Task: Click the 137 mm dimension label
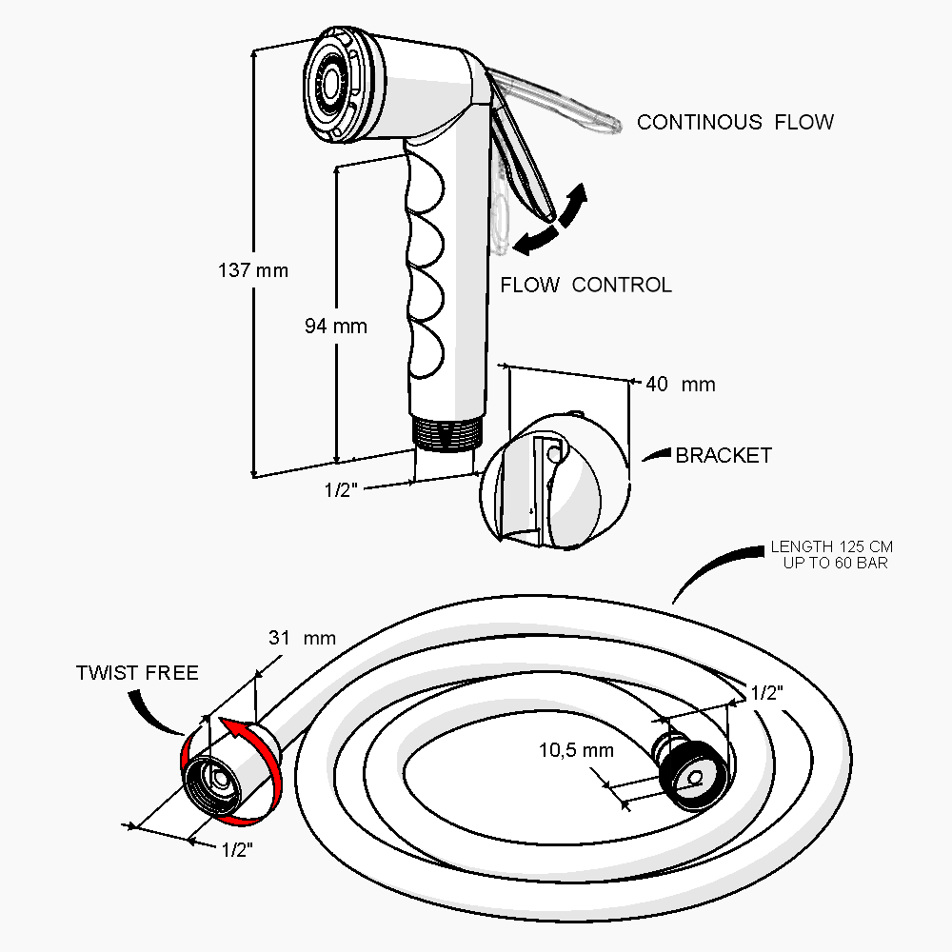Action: (252, 270)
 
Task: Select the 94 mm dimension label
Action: (335, 327)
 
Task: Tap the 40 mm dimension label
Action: (680, 385)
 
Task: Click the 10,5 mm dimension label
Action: (576, 750)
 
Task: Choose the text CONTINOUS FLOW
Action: (735, 122)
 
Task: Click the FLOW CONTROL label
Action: (585, 285)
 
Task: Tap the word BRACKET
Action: (723, 456)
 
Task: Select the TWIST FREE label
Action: (137, 674)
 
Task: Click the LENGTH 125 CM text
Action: (831, 547)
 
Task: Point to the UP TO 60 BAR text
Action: (830, 563)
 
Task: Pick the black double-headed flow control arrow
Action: (551, 222)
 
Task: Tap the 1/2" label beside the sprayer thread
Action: (340, 490)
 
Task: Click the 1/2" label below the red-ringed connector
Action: (237, 850)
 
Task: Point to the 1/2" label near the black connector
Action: (766, 694)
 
